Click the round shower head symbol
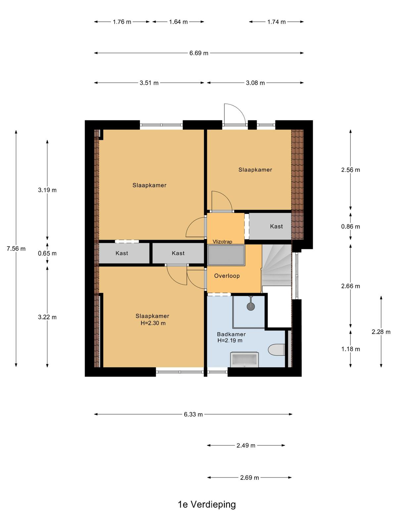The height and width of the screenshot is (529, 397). tap(251, 306)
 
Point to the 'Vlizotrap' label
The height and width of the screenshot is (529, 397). tap(222, 241)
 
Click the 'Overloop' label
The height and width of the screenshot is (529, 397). tap(227, 276)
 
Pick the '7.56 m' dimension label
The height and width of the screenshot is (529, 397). tap(16, 249)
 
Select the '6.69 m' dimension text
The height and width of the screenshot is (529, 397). tap(198, 53)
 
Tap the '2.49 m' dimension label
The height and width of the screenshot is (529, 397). tap(245, 445)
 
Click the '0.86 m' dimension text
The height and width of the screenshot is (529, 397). tap(350, 226)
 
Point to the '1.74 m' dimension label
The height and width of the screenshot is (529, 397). tap(276, 22)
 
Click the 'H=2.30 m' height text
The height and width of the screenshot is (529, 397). tap(153, 323)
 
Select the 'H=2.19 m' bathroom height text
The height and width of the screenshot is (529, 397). tap(230, 341)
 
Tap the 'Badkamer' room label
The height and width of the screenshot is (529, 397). tap(231, 334)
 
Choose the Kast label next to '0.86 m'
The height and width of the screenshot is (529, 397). tap(276, 226)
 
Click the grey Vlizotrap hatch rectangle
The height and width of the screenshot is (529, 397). tap(226, 256)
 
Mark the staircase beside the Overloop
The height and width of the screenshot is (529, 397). tap(277, 265)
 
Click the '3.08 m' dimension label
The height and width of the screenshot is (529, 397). tap(255, 83)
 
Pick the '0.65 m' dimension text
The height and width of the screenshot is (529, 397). tap(47, 253)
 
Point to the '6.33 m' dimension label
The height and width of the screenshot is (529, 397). tap(193, 414)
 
